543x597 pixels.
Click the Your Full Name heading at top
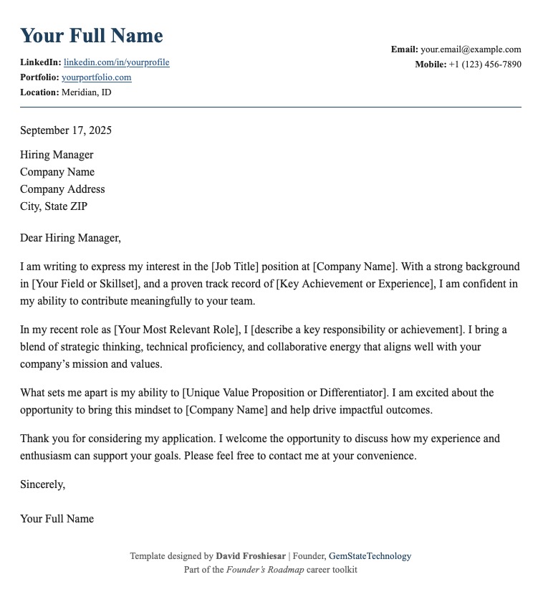point(92,36)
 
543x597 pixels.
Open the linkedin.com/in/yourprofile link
point(117,62)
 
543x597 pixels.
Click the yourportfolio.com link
point(97,77)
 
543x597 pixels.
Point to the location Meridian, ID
point(87,92)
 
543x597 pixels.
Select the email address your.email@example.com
point(471,49)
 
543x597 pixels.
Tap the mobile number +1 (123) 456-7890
point(485,65)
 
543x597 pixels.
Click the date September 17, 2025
point(66,130)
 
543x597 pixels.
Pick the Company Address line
point(62,189)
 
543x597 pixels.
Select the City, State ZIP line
point(54,206)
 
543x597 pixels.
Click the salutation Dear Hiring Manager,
point(71,238)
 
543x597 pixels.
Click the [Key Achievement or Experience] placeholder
point(355,284)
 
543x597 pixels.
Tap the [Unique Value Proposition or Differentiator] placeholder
point(285,393)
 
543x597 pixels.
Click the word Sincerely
point(42,484)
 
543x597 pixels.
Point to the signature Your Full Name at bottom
point(57,519)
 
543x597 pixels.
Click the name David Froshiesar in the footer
point(251,556)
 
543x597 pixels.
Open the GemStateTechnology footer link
point(370,556)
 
